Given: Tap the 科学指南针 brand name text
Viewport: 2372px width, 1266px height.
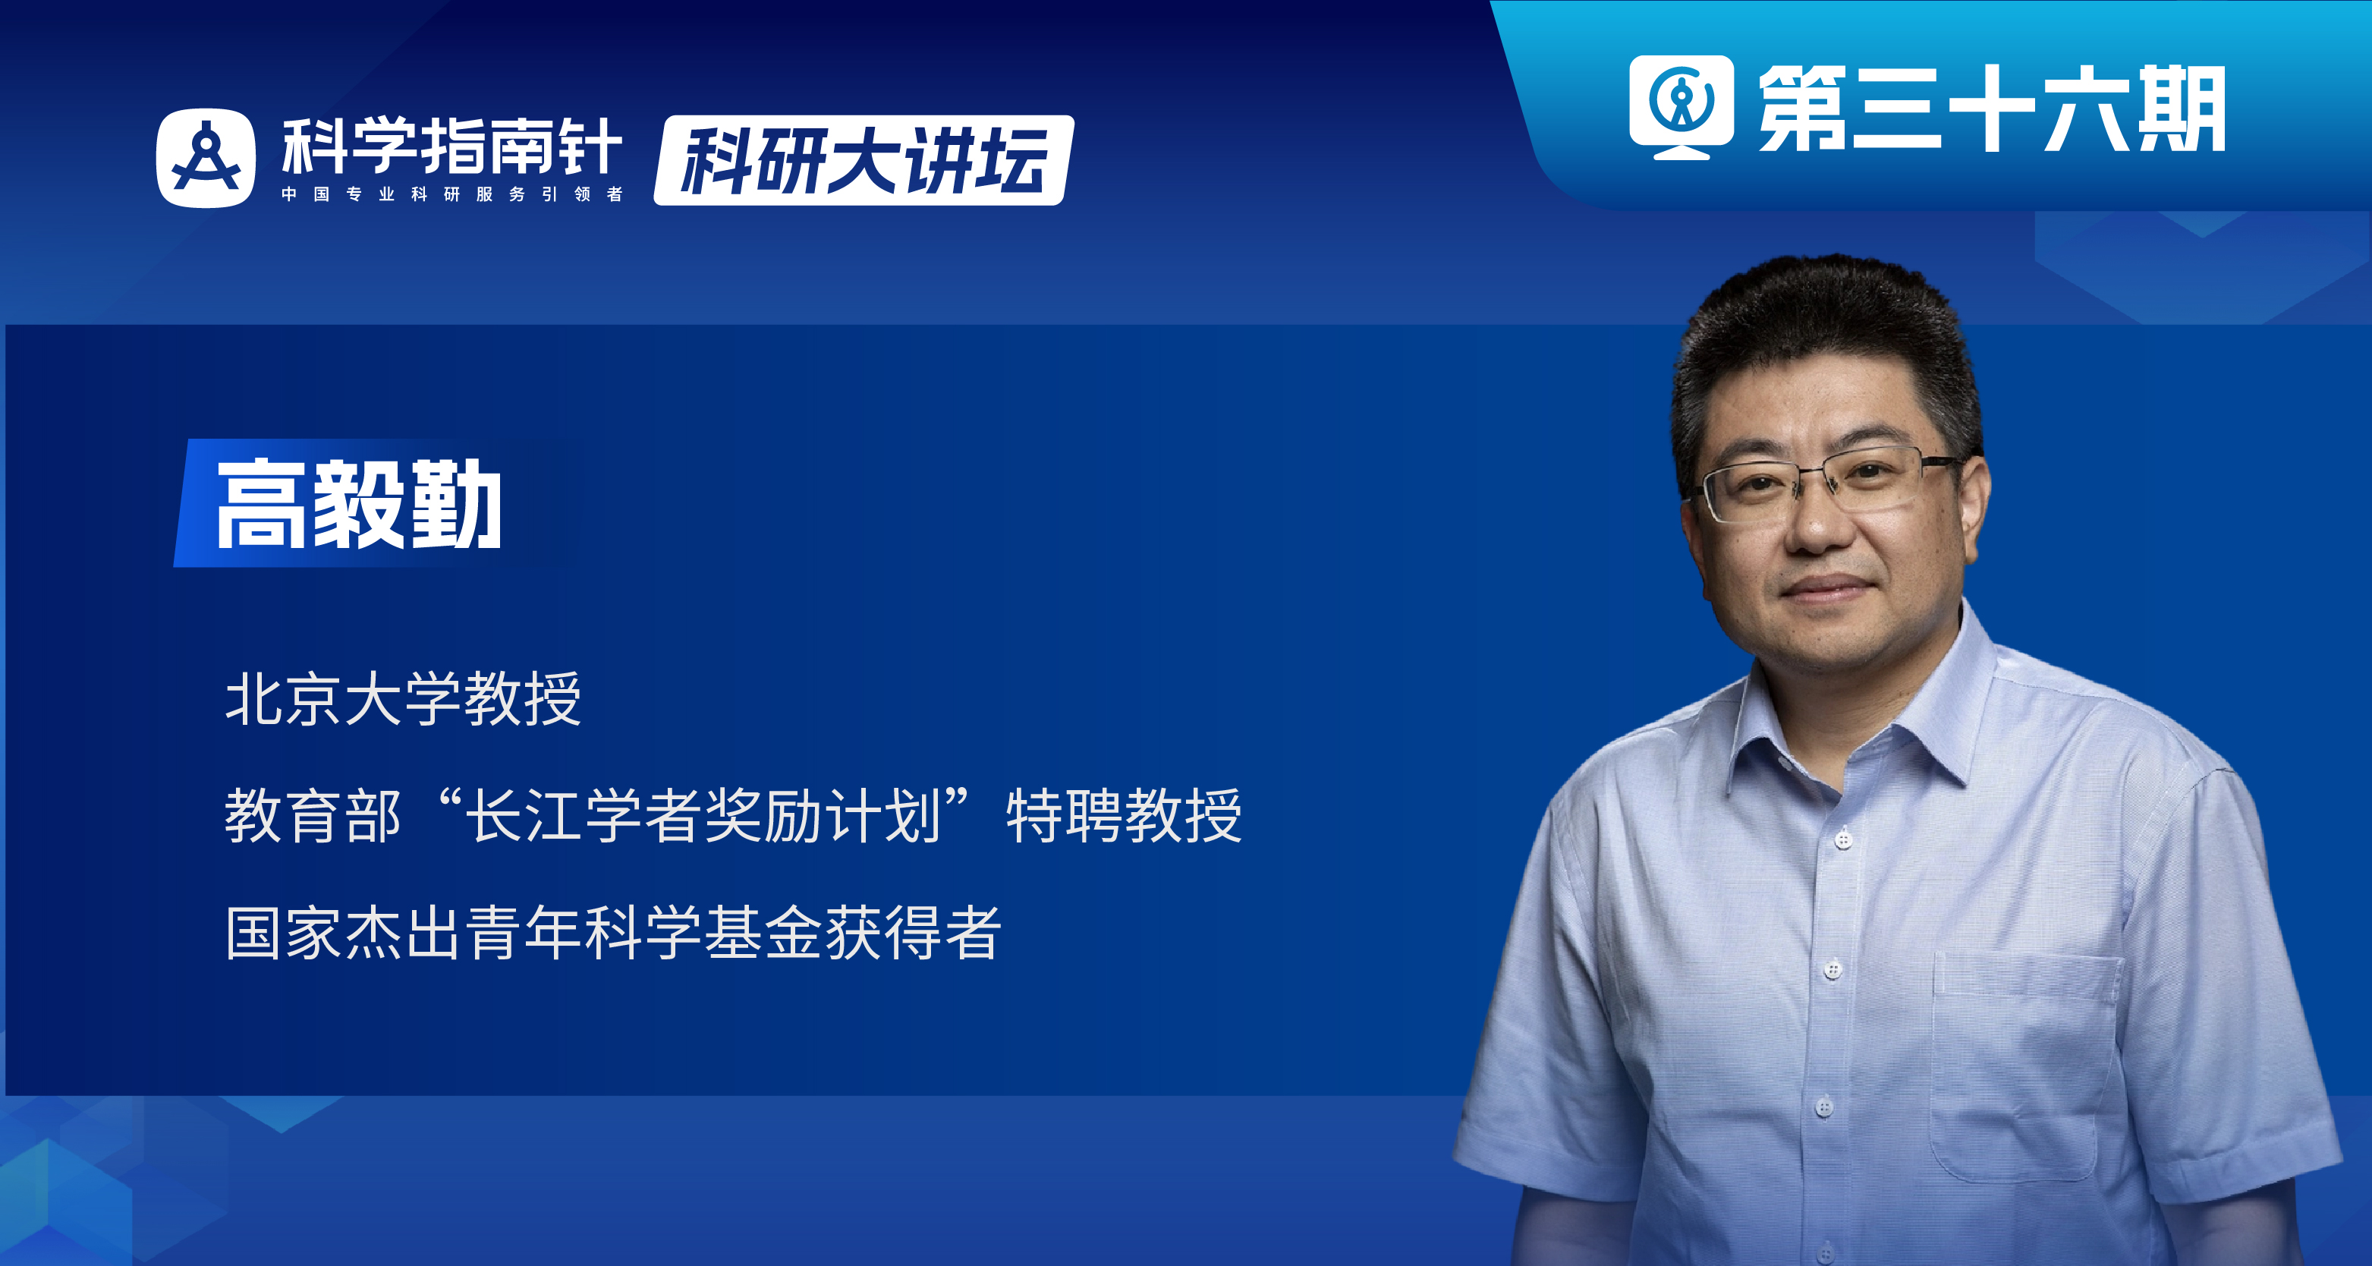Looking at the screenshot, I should tap(451, 146).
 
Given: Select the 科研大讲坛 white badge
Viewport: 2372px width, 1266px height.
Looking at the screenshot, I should tap(863, 160).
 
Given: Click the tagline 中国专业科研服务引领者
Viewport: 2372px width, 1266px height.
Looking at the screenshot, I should tap(451, 194).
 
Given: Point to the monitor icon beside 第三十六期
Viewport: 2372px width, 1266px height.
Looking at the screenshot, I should tap(1681, 105).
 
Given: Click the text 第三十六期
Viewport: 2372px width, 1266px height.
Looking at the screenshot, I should tap(1991, 109).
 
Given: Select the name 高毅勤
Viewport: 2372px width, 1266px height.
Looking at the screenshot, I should tap(358, 505).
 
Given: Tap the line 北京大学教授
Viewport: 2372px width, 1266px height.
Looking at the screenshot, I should tap(402, 699).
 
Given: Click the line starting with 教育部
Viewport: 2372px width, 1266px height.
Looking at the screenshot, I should tap(732, 816).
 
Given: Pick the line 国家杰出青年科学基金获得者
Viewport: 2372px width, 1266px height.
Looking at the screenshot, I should tap(612, 933).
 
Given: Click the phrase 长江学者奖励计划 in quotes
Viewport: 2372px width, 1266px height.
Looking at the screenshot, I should tap(703, 816).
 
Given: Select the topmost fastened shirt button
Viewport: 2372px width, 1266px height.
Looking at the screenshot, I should tap(1842, 839).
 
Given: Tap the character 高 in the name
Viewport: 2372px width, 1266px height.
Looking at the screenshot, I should tap(260, 505).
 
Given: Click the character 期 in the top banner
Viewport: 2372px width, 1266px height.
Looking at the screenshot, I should tap(2181, 109).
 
